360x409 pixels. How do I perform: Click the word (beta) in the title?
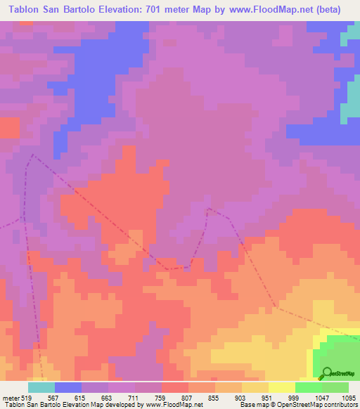pyautogui.click(x=336, y=9)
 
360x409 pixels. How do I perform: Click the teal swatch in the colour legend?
pyautogui.click(x=41, y=387)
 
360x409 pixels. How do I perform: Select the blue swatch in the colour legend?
pyautogui.click(x=68, y=387)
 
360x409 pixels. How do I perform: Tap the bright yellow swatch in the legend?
pyautogui.click(x=282, y=387)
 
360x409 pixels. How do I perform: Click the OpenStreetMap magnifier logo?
pyautogui.click(x=325, y=372)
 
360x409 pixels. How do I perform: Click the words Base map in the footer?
pyautogui.click(x=254, y=405)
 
